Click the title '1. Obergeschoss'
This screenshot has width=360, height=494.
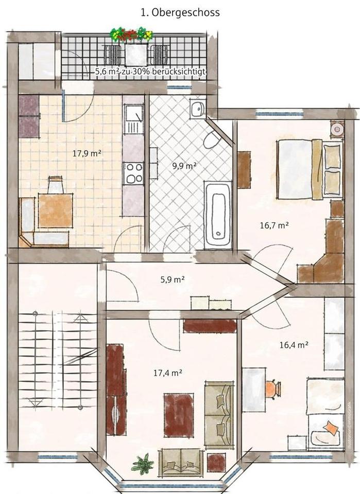(180, 12)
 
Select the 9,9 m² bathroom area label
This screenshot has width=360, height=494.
(184, 166)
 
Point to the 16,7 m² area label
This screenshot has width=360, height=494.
(275, 225)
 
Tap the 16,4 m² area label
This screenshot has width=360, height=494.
(294, 345)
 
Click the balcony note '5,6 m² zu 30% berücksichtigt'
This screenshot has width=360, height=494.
(150, 73)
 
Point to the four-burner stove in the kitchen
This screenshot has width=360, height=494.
(134, 173)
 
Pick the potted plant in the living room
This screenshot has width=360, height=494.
(143, 464)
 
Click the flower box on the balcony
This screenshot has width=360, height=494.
(131, 34)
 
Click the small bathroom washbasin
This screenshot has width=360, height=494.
(197, 109)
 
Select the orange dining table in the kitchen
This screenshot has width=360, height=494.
(55, 210)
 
